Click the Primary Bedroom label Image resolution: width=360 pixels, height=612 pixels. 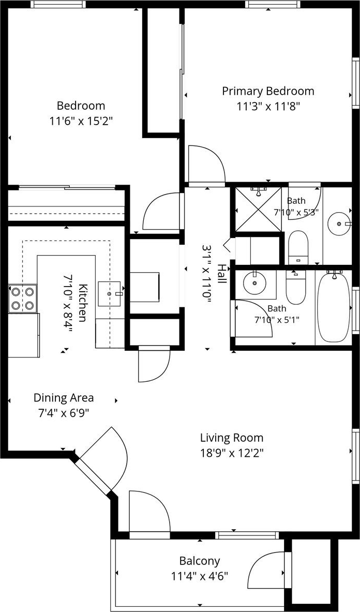pos(268,92)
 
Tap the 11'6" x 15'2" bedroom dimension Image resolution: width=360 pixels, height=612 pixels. pos(81,122)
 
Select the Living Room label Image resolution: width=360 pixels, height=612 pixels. pos(232,438)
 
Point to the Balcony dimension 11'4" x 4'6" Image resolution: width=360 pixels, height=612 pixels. pos(199,576)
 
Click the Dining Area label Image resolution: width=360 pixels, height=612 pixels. pos(64,398)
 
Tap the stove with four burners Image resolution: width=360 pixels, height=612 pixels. pos(23,298)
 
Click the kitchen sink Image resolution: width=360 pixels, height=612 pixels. pos(110,293)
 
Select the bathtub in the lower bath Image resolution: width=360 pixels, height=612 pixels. pos(334,307)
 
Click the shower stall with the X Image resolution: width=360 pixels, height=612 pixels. pos(258,209)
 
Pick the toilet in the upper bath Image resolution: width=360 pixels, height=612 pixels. pos(298,247)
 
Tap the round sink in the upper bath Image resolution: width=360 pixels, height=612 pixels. pos(339,223)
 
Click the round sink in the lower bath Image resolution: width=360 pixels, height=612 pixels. pos(254,282)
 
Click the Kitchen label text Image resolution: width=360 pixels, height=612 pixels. pos(82,303)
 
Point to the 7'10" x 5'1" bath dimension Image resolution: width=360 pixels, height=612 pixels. pos(277,320)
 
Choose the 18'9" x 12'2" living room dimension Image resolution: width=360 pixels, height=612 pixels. pos(232,453)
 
